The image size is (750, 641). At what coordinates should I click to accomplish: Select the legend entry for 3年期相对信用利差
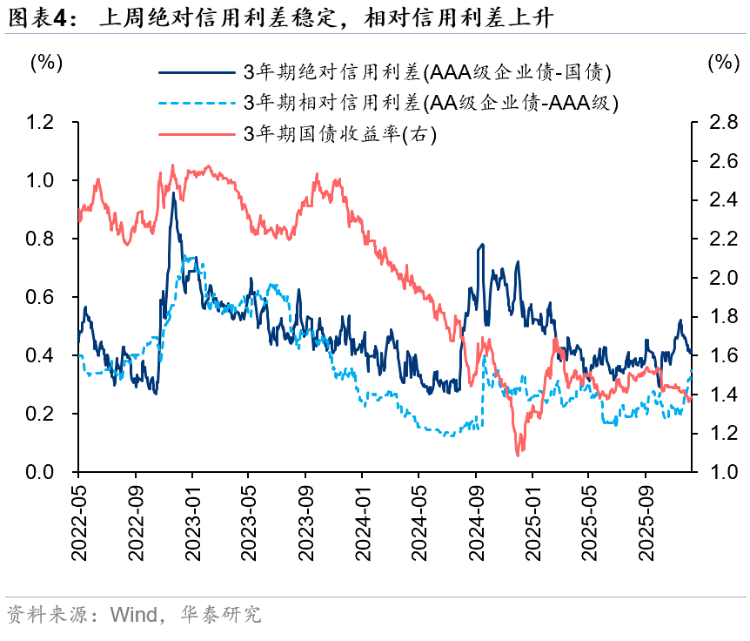click(432, 103)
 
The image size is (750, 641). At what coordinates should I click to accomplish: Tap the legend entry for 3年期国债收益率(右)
click(339, 133)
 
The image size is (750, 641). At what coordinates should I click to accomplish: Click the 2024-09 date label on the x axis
click(476, 521)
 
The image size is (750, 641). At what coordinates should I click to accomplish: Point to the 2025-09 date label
click(646, 521)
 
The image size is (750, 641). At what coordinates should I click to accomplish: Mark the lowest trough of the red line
click(519, 454)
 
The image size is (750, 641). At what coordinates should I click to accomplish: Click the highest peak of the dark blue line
click(173, 193)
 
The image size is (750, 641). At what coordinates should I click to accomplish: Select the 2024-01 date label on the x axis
click(362, 521)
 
